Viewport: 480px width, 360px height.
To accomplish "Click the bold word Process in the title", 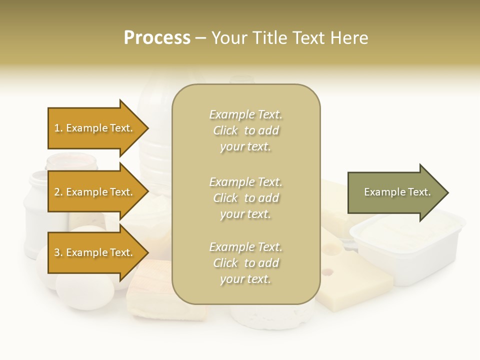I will (157, 38).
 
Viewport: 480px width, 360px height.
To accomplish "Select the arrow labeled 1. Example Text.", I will (95, 128).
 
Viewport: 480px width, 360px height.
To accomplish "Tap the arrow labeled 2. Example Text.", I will (95, 192).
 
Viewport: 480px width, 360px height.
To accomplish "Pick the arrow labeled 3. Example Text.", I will (95, 252).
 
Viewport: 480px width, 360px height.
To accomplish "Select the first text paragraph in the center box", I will (245, 130).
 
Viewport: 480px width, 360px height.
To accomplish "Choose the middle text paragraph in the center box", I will (245, 198).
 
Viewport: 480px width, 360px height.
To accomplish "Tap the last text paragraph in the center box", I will (245, 263).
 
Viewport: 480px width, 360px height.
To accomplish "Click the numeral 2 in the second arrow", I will (57, 192).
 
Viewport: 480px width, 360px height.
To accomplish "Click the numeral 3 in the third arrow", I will (57, 252).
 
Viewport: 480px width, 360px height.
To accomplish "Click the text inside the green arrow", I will (397, 192).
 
